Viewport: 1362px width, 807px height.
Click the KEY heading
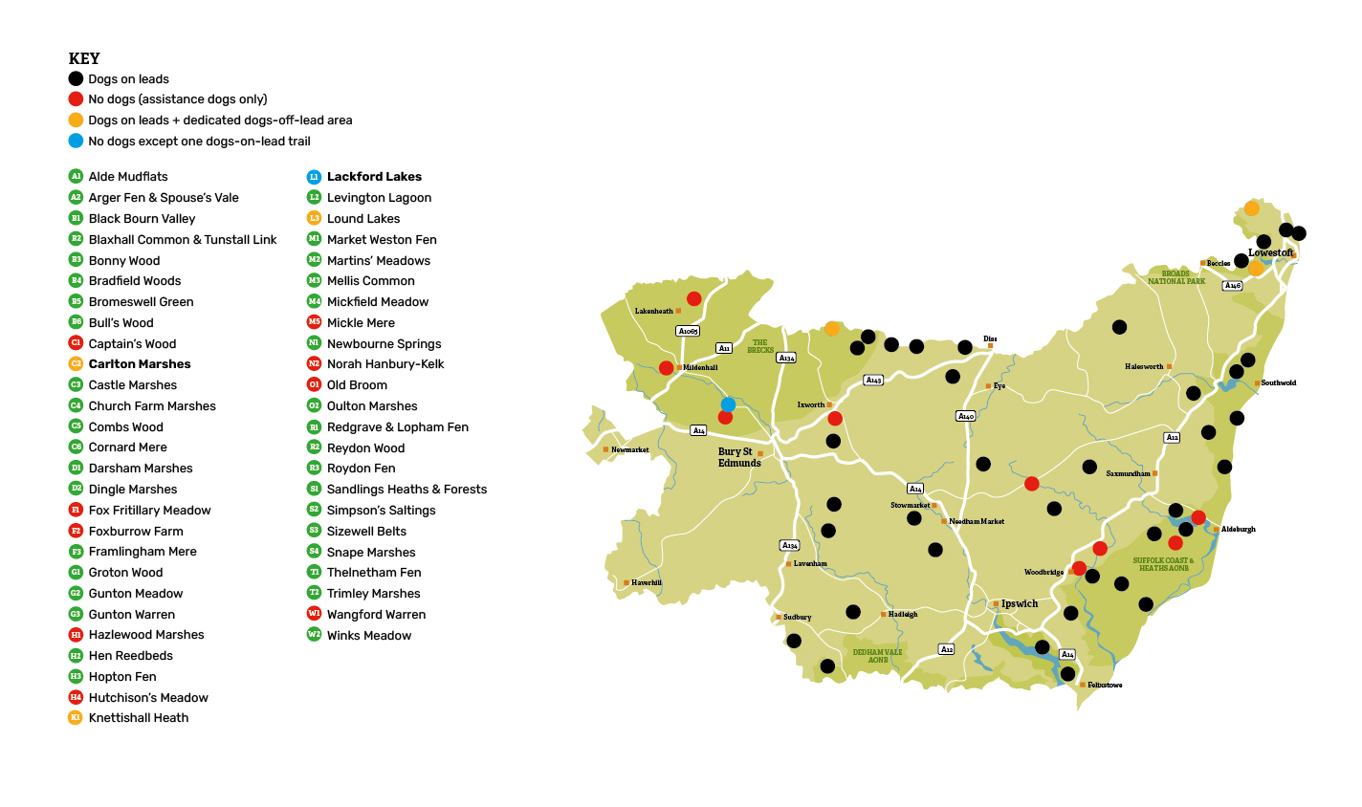coord(84,58)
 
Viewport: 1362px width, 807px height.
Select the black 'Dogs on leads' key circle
coord(76,79)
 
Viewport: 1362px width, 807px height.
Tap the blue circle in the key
coord(76,141)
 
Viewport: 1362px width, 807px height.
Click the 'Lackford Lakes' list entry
coord(374,177)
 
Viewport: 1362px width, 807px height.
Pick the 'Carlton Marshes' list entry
coord(140,364)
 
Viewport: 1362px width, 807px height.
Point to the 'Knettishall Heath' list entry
coord(139,718)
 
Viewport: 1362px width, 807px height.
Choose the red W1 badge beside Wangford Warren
coord(314,614)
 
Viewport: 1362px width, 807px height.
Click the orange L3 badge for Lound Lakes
coord(314,218)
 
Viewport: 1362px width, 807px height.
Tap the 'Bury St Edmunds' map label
coord(738,457)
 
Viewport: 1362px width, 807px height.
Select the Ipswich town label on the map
coord(1020,604)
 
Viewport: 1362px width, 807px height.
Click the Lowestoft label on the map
coord(1270,252)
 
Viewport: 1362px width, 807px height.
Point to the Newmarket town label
coord(630,449)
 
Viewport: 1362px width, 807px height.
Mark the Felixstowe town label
coord(1105,685)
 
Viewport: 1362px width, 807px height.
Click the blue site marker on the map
coord(728,404)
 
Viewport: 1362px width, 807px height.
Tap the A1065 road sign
coord(688,331)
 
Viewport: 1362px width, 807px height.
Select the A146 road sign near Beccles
coord(1233,285)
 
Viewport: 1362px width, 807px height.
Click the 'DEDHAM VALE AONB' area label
coord(877,656)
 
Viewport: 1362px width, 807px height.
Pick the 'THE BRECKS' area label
coord(760,346)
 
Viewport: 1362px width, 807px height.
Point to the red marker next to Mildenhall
coord(666,368)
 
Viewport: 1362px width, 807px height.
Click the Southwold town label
coord(1278,382)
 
